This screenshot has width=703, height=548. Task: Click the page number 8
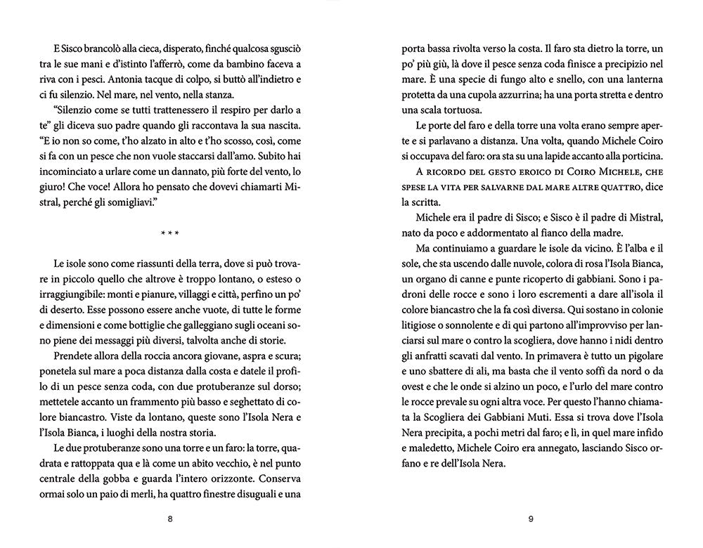pos(170,519)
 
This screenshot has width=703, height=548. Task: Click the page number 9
pos(531,519)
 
